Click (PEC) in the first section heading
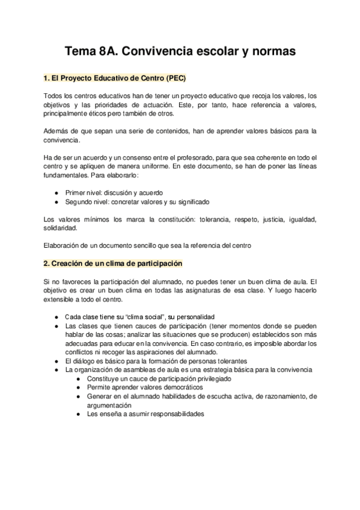[175, 78]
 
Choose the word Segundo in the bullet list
[79, 201]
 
